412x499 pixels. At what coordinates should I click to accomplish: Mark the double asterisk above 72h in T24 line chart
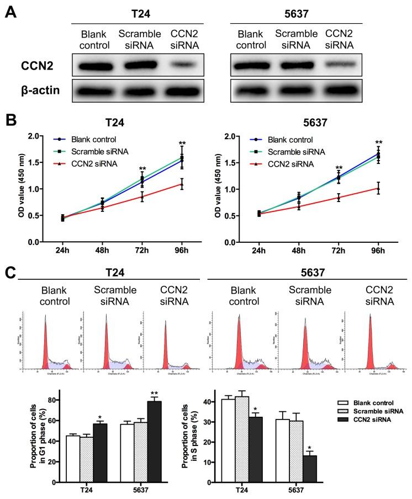click(142, 169)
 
